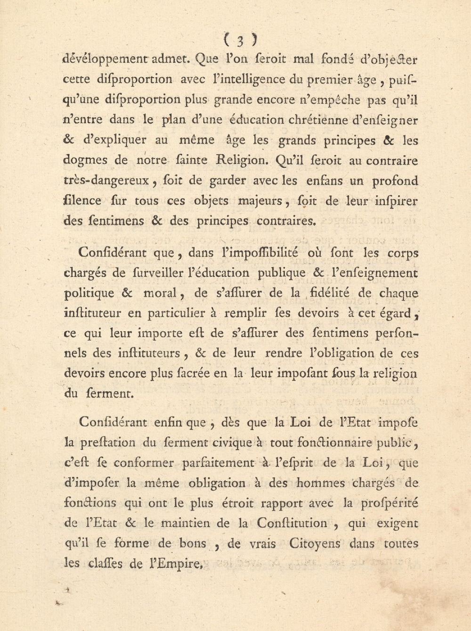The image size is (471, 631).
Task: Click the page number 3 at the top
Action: (240, 41)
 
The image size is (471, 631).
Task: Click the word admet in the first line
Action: (171, 60)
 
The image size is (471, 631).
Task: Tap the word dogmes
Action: (85, 160)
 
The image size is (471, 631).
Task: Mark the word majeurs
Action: (260, 201)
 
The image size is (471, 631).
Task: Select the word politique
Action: (89, 293)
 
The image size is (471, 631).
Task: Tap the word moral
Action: (160, 293)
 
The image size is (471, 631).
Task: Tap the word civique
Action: (232, 443)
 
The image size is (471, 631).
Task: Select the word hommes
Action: (321, 483)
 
